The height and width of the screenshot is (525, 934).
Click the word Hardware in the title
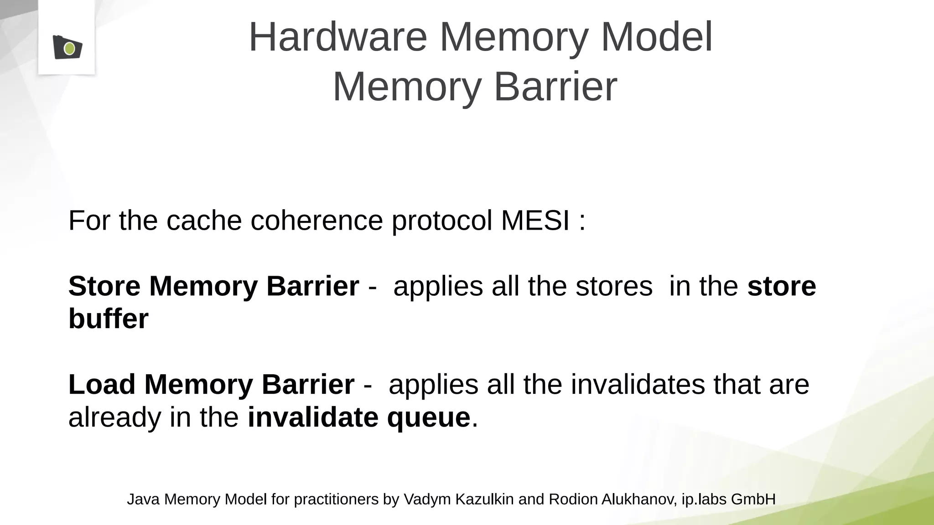(338, 37)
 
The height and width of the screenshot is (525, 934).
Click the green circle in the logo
(69, 48)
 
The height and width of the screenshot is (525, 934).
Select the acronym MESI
(535, 221)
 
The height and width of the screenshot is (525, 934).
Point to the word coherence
(317, 221)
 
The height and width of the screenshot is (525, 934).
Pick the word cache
(204, 221)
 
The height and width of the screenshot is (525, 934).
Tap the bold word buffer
(109, 319)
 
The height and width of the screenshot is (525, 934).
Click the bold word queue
(428, 417)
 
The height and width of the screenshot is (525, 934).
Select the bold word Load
(102, 384)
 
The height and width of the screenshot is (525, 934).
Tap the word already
(114, 417)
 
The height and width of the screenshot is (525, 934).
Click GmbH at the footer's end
(753, 499)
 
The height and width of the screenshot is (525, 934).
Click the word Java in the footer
(143, 499)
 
